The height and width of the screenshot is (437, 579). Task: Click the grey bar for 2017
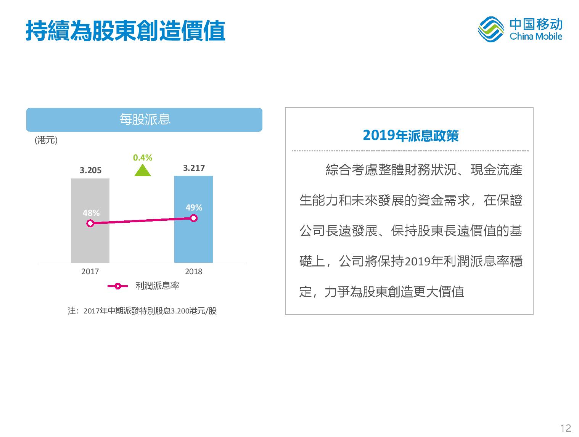90,220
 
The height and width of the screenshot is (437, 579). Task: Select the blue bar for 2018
193,219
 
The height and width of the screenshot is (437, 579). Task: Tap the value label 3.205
90,170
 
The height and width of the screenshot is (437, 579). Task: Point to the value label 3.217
194,168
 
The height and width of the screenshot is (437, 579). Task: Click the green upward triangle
142,170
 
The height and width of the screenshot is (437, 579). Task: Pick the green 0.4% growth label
142,158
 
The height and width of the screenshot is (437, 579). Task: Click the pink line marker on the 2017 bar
90,223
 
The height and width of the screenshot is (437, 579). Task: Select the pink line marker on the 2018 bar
194,218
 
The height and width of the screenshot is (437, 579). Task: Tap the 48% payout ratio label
91,213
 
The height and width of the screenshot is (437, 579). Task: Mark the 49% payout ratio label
194,207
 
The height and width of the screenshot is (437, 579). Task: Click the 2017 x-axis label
90,272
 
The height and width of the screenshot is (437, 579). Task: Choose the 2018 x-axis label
194,272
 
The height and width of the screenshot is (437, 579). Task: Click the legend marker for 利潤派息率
117,286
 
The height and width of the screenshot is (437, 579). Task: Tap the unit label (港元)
46,140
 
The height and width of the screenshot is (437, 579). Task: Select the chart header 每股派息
145,119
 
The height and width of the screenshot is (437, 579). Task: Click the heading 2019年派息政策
411,135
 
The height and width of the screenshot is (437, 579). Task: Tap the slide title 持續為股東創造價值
125,31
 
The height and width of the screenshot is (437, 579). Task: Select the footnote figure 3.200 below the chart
180,311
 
